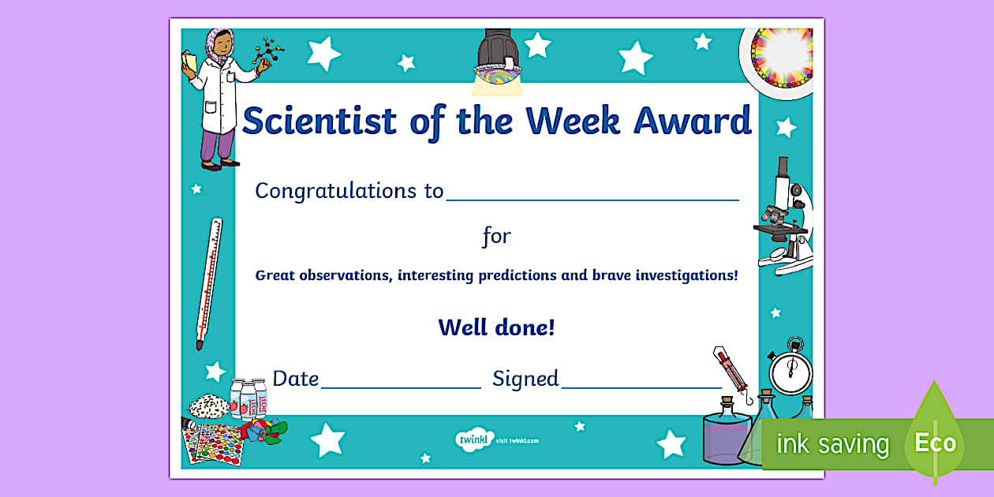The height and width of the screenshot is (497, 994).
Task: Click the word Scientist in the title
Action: pos(319,121)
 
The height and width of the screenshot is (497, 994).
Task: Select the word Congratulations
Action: pos(328,191)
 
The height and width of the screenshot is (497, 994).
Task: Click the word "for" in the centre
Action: pos(496,235)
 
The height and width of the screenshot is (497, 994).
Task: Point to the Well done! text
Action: pos(496,327)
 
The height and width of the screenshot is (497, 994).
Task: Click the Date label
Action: pos(295,379)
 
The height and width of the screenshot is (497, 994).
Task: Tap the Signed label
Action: pos(525,379)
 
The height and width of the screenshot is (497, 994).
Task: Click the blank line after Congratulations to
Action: pos(592,199)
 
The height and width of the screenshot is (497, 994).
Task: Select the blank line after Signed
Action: pos(641,387)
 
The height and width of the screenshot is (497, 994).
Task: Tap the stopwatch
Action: pos(790,368)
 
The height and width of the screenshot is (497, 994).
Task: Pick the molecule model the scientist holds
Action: pos(268,54)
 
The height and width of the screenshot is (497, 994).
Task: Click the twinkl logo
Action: pos(474,439)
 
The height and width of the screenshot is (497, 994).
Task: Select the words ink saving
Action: pos(832,444)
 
